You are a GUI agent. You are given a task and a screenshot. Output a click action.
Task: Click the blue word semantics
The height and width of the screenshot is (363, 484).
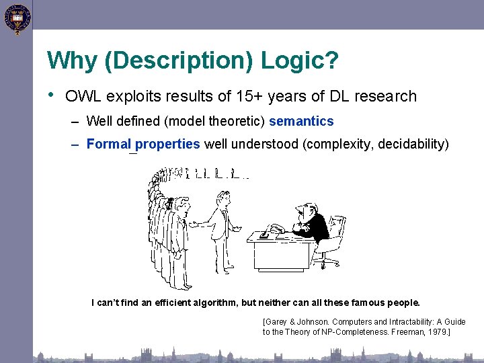pyautogui.click(x=301, y=122)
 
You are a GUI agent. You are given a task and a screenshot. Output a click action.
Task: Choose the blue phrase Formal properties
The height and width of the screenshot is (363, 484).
pyautogui.click(x=143, y=144)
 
